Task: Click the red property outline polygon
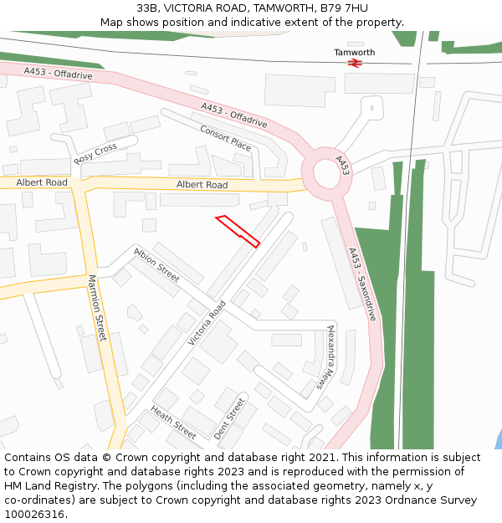pyautogui.click(x=238, y=231)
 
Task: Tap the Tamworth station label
pyautogui.click(x=355, y=52)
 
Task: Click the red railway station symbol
pyautogui.click(x=355, y=62)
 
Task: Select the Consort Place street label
pyautogui.click(x=225, y=137)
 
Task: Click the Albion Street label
pyautogui.click(x=156, y=264)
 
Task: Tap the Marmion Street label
pyautogui.click(x=97, y=308)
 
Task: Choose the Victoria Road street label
pyautogui.click(x=207, y=323)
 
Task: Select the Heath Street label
pyautogui.click(x=173, y=423)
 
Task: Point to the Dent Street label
pyautogui.click(x=228, y=418)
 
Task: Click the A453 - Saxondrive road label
pyautogui.click(x=361, y=285)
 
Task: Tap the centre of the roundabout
pyautogui.click(x=326, y=174)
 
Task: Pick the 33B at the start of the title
pyautogui.click(x=147, y=8)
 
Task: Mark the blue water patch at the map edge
pyautogui.click(x=498, y=440)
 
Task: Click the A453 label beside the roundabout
pyautogui.click(x=343, y=164)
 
